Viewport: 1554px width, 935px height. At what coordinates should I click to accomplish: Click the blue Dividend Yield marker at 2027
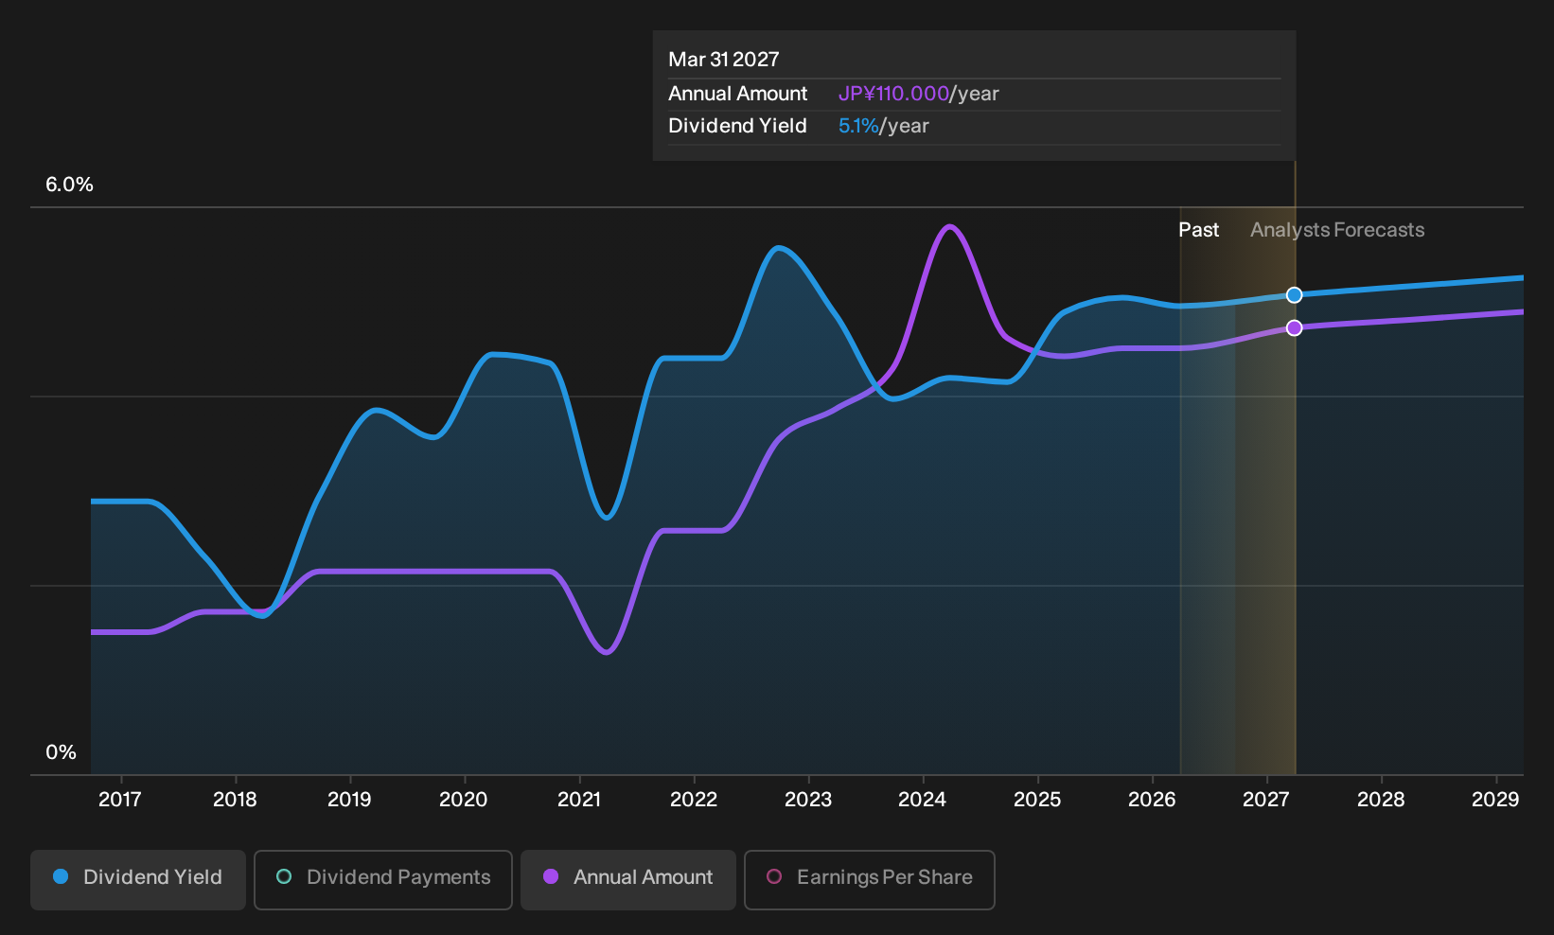(1294, 295)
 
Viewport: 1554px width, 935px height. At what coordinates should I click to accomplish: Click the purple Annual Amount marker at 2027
(1294, 328)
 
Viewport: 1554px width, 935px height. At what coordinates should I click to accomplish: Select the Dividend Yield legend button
(138, 879)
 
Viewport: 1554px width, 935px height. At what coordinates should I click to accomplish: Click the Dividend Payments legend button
(383, 879)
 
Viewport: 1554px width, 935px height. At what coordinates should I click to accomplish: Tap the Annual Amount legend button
(627, 879)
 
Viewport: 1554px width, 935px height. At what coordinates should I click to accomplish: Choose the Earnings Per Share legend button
(869, 879)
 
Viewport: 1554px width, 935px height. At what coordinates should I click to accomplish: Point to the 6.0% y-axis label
(69, 185)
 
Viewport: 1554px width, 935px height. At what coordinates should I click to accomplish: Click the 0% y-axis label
(62, 752)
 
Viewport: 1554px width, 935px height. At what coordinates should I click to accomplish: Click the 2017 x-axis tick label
(120, 800)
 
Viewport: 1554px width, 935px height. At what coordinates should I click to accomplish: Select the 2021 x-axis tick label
(579, 800)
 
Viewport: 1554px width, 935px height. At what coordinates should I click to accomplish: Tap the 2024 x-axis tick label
(923, 800)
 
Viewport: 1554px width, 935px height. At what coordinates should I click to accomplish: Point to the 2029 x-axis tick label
(1495, 800)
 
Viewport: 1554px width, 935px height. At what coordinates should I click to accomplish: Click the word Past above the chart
(1199, 230)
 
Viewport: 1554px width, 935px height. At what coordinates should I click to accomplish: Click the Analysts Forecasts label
(1337, 230)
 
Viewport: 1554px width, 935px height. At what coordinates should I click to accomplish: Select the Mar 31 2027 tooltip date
(724, 60)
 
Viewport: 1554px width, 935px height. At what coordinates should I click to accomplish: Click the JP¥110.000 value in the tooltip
(893, 94)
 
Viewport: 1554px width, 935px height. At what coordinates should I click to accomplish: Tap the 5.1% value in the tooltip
(858, 126)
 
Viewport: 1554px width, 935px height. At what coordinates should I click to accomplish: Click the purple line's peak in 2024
(949, 226)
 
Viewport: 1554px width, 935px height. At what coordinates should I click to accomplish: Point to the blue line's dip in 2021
(607, 518)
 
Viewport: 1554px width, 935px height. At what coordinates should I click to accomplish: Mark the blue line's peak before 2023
(778, 247)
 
